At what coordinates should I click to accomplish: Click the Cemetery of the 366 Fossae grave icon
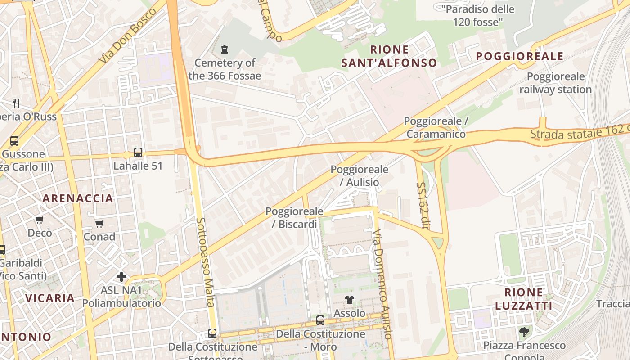pyautogui.click(x=224, y=49)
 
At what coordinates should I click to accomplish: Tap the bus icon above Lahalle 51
pyautogui.click(x=138, y=153)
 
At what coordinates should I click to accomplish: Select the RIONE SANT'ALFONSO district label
pyautogui.click(x=389, y=56)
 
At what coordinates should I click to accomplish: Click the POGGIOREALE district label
pyautogui.click(x=520, y=56)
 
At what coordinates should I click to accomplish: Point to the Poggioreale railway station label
pyautogui.click(x=556, y=83)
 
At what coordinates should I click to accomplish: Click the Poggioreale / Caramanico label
pyautogui.click(x=436, y=127)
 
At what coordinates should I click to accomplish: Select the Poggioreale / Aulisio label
pyautogui.click(x=359, y=176)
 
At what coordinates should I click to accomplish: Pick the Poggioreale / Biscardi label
pyautogui.click(x=294, y=218)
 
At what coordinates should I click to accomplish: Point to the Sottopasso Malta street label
pyautogui.click(x=205, y=262)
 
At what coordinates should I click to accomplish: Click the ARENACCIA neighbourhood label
pyautogui.click(x=78, y=198)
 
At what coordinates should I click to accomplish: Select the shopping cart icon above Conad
pyautogui.click(x=99, y=224)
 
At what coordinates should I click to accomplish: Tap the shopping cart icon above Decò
pyautogui.click(x=40, y=220)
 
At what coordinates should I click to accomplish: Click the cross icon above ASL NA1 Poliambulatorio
pyautogui.click(x=121, y=276)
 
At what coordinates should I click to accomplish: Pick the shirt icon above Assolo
pyautogui.click(x=350, y=300)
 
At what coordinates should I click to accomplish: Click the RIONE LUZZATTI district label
pyautogui.click(x=524, y=299)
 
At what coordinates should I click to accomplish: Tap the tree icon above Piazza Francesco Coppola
pyautogui.click(x=524, y=333)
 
